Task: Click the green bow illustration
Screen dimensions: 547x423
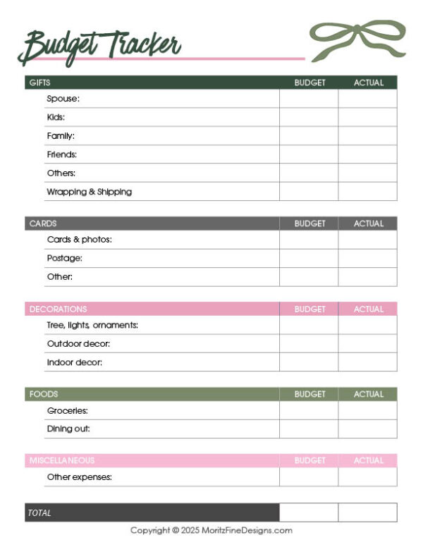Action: pos(357,39)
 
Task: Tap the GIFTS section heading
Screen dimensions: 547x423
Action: pos(39,82)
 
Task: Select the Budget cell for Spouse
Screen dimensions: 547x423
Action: pos(308,99)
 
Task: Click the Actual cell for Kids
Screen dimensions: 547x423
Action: pos(367,117)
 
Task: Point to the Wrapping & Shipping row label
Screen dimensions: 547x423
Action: pos(89,192)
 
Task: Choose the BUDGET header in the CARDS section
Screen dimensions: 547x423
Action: pos(309,223)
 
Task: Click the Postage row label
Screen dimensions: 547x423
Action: pos(64,258)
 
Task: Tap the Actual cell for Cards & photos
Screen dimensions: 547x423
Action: pos(367,240)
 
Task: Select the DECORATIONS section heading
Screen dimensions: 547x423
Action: pos(58,309)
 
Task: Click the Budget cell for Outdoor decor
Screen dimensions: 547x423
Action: pos(308,344)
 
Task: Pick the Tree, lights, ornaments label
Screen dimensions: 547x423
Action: pos(92,325)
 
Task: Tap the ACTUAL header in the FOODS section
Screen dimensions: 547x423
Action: pos(368,394)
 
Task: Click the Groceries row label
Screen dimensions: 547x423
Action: pos(67,410)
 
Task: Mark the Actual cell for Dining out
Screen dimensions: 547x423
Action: pos(367,429)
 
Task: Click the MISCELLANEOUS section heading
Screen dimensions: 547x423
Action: pos(61,460)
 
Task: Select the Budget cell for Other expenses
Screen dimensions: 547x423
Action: pos(308,477)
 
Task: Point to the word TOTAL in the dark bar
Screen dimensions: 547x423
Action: pos(39,513)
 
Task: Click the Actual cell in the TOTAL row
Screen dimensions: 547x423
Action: pos(367,512)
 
